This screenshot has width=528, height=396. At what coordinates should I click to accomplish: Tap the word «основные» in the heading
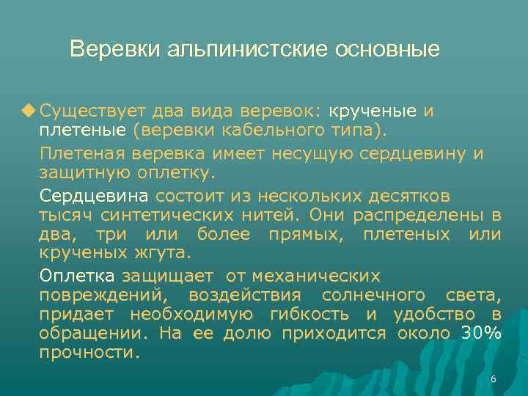[x=387, y=49]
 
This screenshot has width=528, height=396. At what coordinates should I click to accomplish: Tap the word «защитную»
[x=84, y=173]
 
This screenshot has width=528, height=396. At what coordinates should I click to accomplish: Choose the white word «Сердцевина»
[x=95, y=197]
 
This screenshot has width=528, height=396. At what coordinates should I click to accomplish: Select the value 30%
[x=481, y=334]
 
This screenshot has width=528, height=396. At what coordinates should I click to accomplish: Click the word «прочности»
[x=89, y=353]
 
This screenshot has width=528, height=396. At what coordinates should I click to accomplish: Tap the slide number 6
[x=493, y=379]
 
